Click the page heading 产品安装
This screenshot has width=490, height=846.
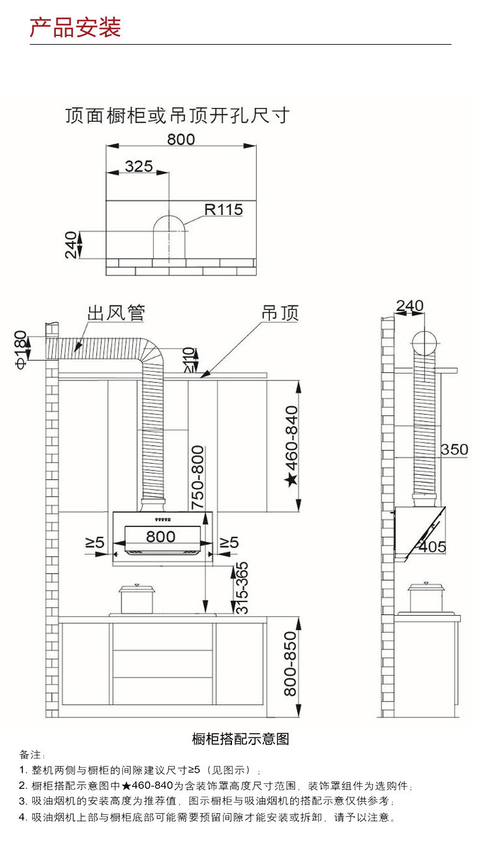[76, 28]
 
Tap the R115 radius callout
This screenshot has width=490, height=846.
[224, 210]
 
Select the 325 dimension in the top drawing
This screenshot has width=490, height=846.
[138, 166]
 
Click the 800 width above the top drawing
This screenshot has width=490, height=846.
[180, 139]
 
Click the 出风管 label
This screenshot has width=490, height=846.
[116, 312]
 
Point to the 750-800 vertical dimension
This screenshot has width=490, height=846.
[198, 477]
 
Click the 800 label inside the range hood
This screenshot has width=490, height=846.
[161, 536]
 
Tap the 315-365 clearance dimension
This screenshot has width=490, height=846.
[242, 588]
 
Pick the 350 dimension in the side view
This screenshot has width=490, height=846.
[454, 449]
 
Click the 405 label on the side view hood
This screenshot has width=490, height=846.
[432, 547]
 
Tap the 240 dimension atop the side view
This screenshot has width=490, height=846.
[409, 306]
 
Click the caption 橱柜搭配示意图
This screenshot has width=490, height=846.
[241, 739]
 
